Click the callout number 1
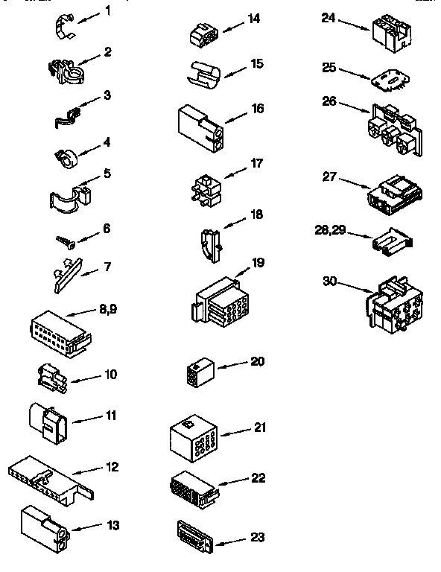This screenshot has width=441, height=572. click(x=107, y=11)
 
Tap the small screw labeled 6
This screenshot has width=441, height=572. click(x=63, y=241)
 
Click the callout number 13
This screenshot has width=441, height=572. click(x=112, y=525)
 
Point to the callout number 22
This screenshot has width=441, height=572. click(x=258, y=478)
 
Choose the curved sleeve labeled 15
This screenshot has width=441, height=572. click(x=201, y=73)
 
